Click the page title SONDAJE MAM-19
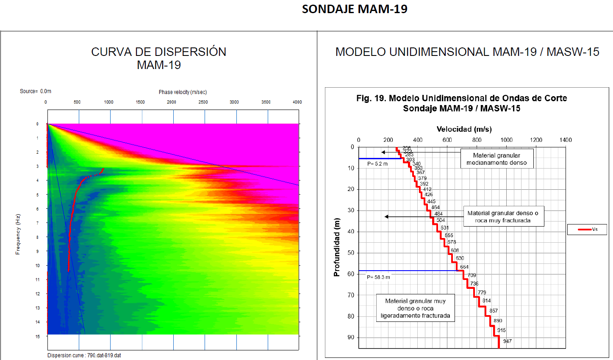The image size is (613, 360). click(x=355, y=9)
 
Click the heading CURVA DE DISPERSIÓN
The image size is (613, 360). click(x=159, y=52)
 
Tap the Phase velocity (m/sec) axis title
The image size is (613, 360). click(x=183, y=92)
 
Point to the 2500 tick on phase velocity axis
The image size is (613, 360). click(x=203, y=102)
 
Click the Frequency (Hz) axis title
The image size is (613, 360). click(x=18, y=234)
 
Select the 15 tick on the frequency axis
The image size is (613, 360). click(x=38, y=336)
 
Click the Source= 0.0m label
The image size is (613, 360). click(x=36, y=91)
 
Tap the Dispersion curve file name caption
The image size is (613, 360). click(x=84, y=355)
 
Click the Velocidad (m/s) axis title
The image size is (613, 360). click(x=464, y=129)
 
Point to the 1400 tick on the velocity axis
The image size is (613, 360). click(x=565, y=140)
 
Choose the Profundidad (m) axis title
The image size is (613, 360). click(x=337, y=247)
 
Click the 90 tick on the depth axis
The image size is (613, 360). click(x=351, y=337)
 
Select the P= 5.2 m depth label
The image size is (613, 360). click(x=377, y=164)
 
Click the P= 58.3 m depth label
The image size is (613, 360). click(x=378, y=277)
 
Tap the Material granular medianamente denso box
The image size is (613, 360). click(x=497, y=159)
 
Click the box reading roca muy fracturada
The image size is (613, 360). click(x=503, y=217)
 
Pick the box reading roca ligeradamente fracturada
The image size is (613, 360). click(x=415, y=308)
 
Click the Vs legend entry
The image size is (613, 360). click(x=587, y=229)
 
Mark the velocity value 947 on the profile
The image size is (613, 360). click(x=507, y=341)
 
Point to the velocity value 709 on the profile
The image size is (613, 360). click(x=472, y=275)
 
